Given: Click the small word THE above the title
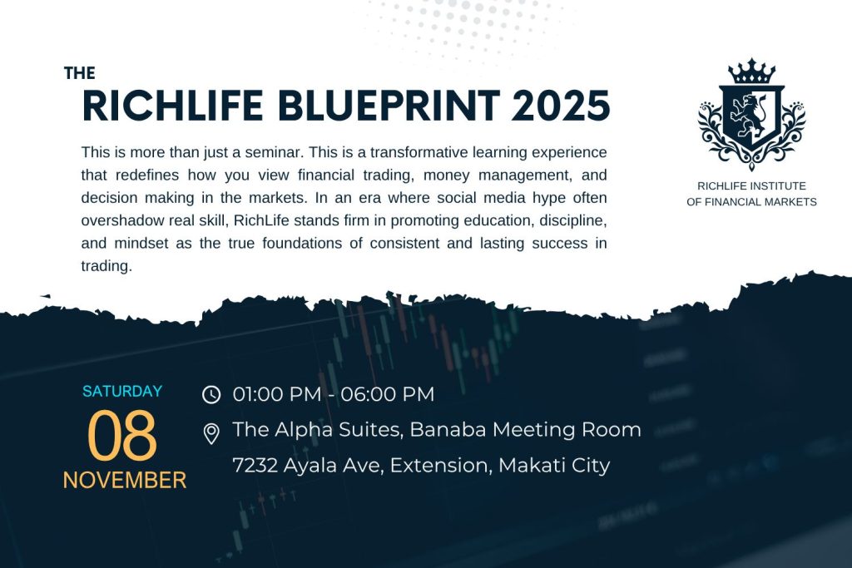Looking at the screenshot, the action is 79,72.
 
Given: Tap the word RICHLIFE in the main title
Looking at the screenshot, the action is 173,106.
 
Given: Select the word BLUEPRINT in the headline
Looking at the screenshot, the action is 389,106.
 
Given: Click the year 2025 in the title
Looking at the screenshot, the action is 561,106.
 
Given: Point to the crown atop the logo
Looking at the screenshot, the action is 751,72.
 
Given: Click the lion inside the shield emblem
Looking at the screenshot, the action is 748,115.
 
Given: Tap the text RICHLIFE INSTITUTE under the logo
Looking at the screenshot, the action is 751,185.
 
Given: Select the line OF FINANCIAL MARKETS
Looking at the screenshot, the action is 751,202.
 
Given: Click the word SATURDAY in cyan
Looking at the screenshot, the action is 122,391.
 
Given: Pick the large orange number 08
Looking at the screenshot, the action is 122,436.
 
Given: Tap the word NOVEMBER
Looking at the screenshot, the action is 125,481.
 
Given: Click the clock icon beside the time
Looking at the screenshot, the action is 211,395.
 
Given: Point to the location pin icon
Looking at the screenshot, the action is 211,434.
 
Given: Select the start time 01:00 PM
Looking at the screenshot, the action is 277,394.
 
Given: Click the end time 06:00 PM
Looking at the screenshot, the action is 388,394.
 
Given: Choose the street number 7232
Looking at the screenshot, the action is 255,466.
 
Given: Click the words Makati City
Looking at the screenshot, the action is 554,466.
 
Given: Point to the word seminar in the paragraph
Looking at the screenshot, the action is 274,152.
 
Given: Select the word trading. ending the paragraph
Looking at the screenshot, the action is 106,266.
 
